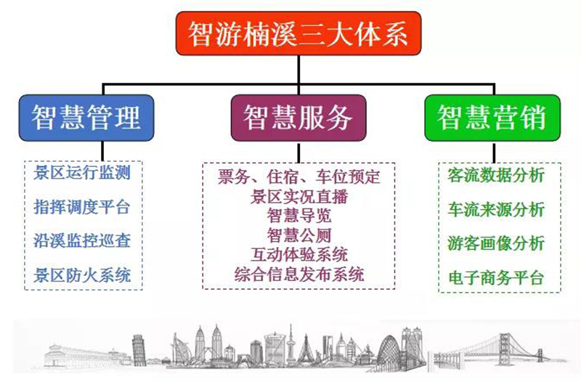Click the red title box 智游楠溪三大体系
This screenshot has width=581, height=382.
coord(298,33)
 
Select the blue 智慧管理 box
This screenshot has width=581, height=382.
coord(86,118)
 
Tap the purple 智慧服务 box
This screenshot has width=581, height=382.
coord(298,118)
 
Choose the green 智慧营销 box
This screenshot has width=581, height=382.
coord(492,118)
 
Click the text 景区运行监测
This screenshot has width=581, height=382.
coord(82,173)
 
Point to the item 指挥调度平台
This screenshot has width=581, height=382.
coord(82,207)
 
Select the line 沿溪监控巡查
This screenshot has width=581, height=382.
coord(82,241)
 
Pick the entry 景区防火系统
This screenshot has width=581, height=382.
coord(82,275)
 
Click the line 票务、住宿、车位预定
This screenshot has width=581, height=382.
coord(298,176)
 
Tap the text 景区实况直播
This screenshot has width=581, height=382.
coord(299,196)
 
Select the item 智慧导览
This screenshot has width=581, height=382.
coord(299,216)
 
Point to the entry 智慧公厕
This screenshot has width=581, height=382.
coord(299,235)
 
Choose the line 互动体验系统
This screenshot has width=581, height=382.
coord(299,254)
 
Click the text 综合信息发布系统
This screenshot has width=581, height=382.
coord(299,275)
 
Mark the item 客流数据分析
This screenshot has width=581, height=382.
coord(496,175)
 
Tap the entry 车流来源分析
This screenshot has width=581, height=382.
coord(496,209)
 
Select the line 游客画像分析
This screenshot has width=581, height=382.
coord(496,243)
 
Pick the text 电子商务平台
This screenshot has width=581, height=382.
coord(496,277)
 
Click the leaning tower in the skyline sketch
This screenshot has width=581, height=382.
coord(139,349)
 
